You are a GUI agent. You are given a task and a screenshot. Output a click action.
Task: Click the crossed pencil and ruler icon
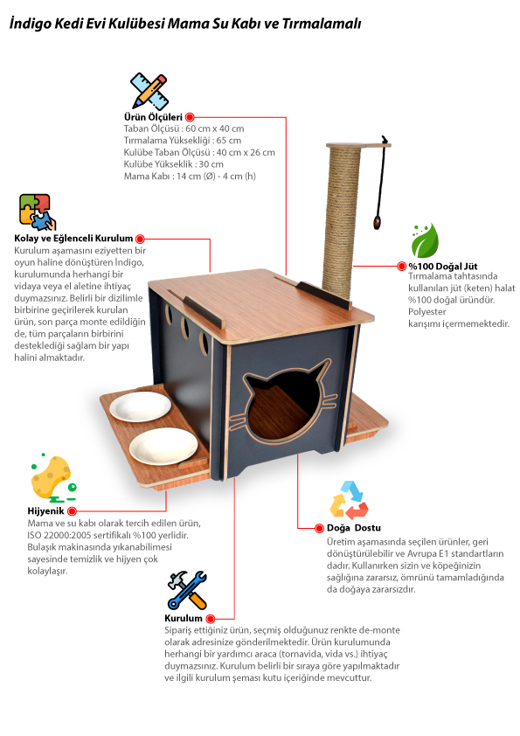pos(149,91)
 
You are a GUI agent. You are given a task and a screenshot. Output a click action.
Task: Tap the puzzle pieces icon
pos(37,212)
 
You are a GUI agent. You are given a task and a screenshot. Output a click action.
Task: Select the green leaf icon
pos(425,240)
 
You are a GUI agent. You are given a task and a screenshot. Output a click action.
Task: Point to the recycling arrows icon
pos(350,500)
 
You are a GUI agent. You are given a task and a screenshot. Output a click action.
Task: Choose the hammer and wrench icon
pos(187,590)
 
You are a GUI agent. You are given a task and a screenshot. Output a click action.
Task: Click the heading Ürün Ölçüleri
pos(153,117)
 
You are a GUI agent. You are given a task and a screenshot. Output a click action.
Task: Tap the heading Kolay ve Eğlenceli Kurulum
pos(73,239)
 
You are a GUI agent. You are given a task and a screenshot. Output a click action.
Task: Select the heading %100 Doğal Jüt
pos(442,267)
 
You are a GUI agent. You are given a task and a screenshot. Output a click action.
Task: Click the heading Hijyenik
pos(45,511)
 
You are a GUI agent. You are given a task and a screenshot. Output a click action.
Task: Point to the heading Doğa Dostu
pos(353,528)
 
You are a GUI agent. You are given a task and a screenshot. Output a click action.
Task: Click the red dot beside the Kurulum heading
pos(211,619)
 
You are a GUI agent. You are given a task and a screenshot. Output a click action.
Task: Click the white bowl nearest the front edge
pos(163,447)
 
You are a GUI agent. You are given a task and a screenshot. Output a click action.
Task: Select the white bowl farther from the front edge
pos(141,406)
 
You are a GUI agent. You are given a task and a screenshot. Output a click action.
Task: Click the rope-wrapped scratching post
pos(342,219)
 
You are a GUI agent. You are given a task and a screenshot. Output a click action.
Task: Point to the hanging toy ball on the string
pos(377,222)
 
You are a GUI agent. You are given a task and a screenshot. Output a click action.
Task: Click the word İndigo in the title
pos(30,24)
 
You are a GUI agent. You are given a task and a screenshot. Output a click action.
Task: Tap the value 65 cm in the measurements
pos(229,141)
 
